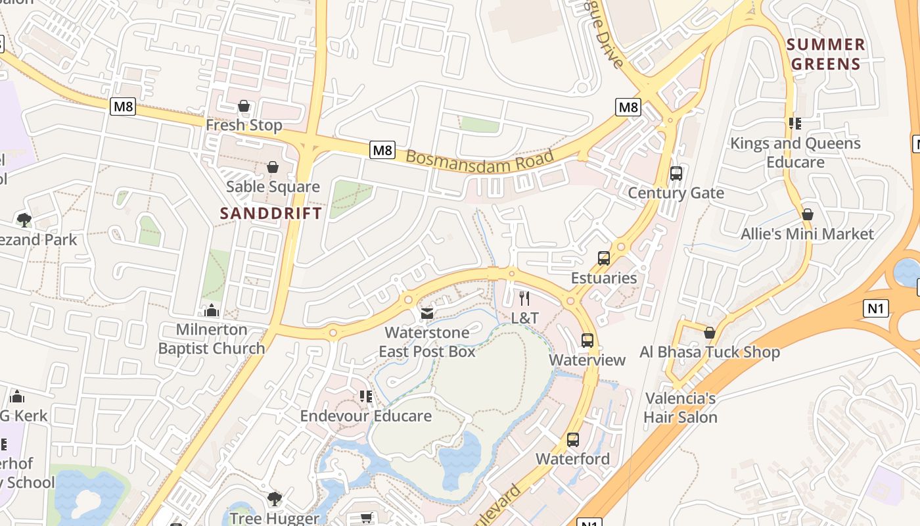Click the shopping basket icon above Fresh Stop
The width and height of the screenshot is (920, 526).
(244, 106)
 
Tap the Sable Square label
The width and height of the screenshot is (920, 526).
(273, 187)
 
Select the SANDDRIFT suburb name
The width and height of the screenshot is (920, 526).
(271, 213)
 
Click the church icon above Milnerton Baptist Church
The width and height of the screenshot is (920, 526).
(212, 310)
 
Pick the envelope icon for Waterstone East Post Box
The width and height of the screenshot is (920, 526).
(427, 314)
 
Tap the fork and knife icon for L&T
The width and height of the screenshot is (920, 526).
(524, 299)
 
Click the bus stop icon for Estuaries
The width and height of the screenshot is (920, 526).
(604, 258)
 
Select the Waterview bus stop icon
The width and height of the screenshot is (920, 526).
(587, 341)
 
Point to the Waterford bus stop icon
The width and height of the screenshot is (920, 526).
(573, 439)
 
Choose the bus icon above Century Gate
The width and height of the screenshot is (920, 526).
(676, 174)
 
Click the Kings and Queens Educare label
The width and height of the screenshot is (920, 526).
(795, 153)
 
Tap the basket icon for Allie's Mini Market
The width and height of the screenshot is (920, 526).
(808, 214)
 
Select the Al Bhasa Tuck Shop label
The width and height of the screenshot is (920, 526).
(710, 352)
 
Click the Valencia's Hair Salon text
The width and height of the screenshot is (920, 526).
(680, 408)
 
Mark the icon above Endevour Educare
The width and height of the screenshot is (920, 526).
(366, 396)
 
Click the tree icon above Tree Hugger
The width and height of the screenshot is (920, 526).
(274, 498)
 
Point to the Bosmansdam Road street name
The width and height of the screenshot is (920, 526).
(480, 160)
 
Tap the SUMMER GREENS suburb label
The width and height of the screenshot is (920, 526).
(826, 54)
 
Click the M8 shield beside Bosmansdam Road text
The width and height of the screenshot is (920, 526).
(382, 150)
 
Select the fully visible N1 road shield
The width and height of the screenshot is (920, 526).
(877, 307)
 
